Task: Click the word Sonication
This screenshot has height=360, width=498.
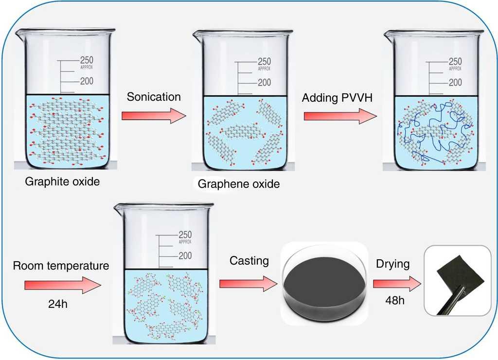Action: click(x=154, y=96)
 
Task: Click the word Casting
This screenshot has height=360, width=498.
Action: click(x=249, y=261)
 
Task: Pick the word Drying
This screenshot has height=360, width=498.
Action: click(x=392, y=264)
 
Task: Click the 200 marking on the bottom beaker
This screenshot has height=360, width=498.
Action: click(x=185, y=255)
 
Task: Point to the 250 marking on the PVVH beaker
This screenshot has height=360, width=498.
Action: click(x=455, y=61)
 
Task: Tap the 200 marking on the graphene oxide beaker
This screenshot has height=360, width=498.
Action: click(x=265, y=83)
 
